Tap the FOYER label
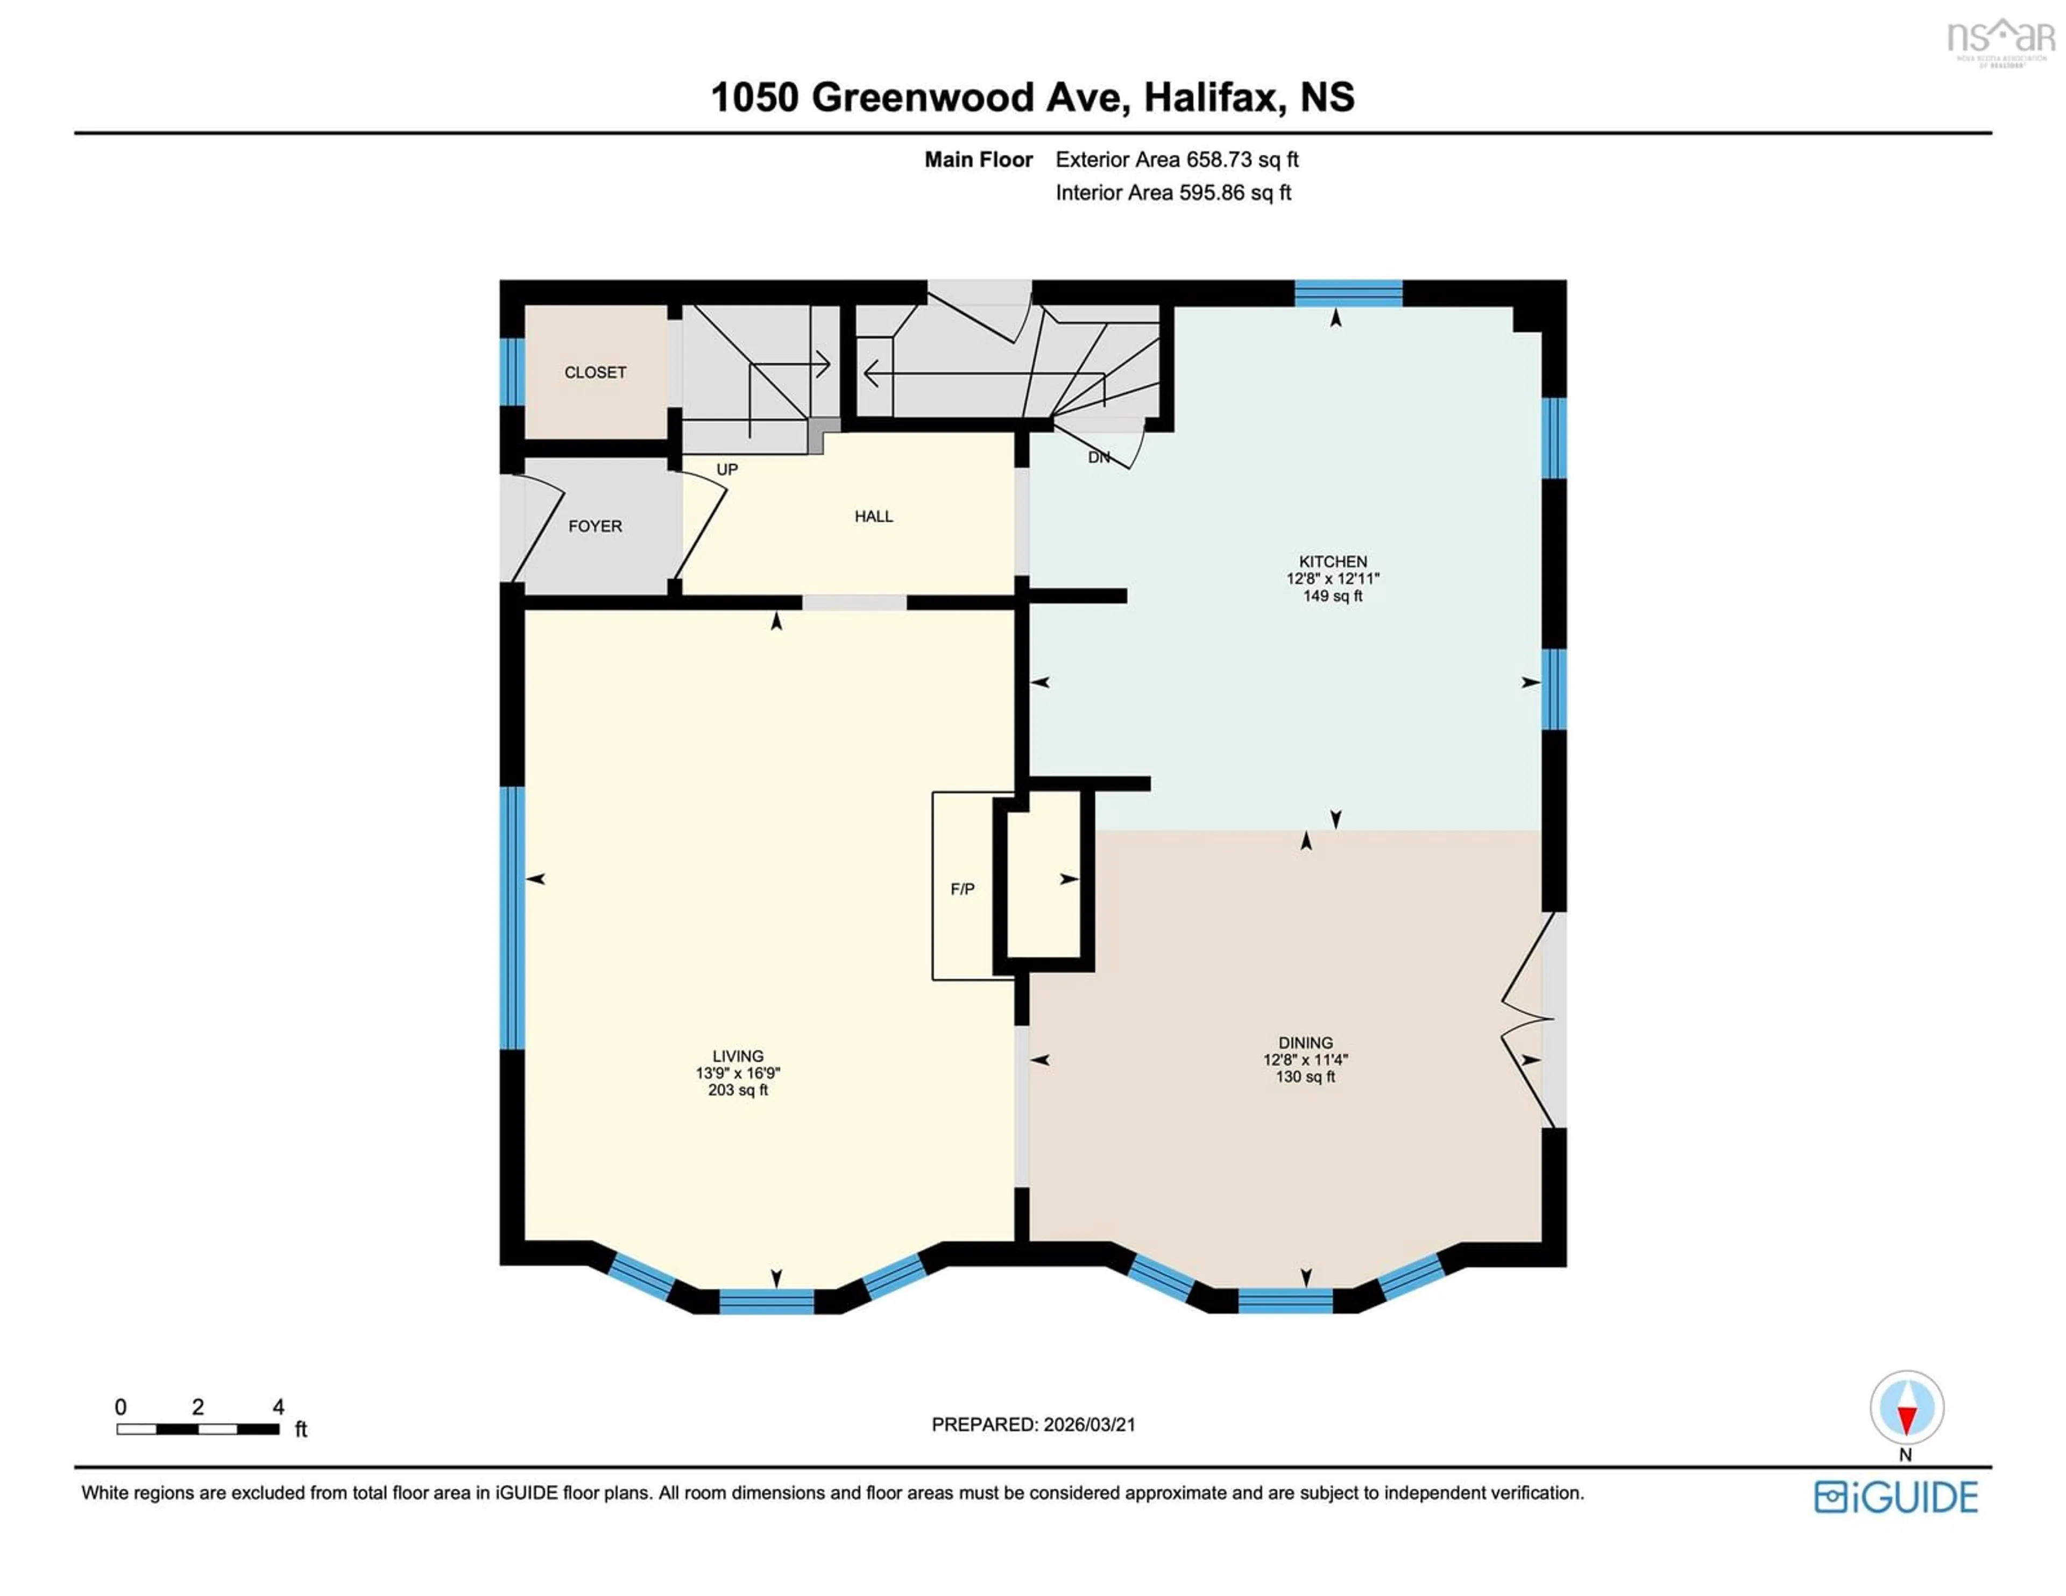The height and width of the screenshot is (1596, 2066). pyautogui.click(x=595, y=526)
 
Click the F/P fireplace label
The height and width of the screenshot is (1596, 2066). pyautogui.click(x=962, y=888)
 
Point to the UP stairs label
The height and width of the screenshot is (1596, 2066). pyautogui.click(x=726, y=469)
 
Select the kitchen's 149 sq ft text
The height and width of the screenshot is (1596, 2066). pyautogui.click(x=1332, y=596)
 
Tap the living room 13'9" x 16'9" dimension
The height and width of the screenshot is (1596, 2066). pyautogui.click(x=738, y=1073)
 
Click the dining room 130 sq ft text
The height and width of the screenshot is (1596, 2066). pyautogui.click(x=1305, y=1077)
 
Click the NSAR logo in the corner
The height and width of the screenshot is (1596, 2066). pyautogui.click(x=2001, y=40)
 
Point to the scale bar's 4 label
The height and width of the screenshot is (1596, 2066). pyautogui.click(x=278, y=1407)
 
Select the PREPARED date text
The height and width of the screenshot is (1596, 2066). pyautogui.click(x=1033, y=1425)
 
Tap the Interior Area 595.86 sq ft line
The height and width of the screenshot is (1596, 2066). pyautogui.click(x=1173, y=193)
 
